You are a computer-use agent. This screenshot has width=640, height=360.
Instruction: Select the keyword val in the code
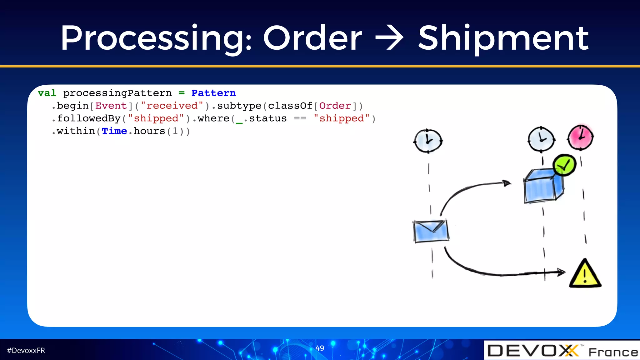[47, 93]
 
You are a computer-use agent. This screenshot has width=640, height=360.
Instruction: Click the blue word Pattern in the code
[213, 93]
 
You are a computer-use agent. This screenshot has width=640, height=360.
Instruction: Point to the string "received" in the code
[172, 106]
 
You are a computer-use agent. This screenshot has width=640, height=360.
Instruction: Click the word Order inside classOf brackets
[335, 106]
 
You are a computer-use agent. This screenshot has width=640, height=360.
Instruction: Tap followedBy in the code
[89, 118]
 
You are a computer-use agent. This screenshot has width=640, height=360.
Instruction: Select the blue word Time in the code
[114, 131]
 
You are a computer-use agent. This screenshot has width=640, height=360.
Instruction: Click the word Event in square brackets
[111, 106]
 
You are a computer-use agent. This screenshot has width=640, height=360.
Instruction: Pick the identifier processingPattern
[117, 93]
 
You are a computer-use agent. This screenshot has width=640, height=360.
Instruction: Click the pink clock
[580, 137]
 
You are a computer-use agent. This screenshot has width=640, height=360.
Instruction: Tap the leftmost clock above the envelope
[428, 141]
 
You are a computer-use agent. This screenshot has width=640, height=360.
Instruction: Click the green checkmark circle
[564, 165]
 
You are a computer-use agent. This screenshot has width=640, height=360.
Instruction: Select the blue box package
[543, 186]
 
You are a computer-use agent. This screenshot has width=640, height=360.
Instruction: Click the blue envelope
[431, 231]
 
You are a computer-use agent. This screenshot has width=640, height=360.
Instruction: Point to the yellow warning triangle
[585, 274]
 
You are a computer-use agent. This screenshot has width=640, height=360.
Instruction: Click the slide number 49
[320, 348]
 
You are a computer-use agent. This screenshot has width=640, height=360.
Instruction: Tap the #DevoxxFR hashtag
[26, 351]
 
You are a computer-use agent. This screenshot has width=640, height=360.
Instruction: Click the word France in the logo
[613, 352]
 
